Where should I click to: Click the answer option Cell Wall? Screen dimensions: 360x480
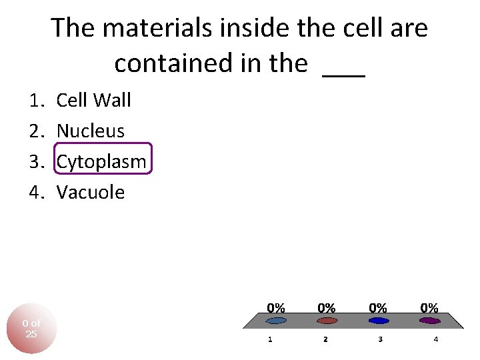pos(93,101)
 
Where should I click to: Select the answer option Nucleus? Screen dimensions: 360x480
pos(90,131)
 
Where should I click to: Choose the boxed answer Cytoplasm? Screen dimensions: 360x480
pos(101,161)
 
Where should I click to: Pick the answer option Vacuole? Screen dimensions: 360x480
pos(91,192)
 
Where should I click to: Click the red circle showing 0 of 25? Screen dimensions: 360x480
pos(31,329)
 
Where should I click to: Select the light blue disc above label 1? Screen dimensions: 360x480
pos(275,321)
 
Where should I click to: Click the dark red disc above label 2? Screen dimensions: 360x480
pos(327,321)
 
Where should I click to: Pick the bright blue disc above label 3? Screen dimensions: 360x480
pos(378,321)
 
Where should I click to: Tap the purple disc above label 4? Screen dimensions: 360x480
pos(429,321)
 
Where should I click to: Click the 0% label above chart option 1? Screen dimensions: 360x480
pos(276,308)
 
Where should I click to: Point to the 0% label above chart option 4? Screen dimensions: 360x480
pos(429,308)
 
